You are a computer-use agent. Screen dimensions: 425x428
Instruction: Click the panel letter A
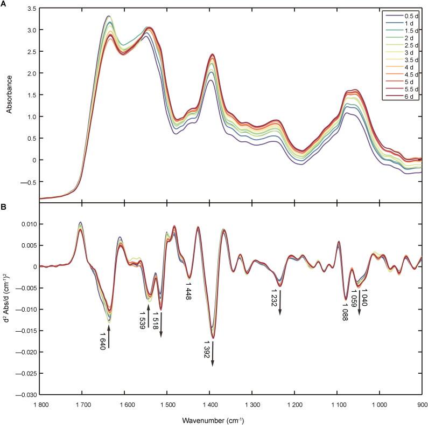4,4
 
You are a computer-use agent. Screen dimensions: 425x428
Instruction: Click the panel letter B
4,206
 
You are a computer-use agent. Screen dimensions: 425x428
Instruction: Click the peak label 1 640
102,343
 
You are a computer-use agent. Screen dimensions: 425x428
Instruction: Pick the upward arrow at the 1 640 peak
109,337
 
